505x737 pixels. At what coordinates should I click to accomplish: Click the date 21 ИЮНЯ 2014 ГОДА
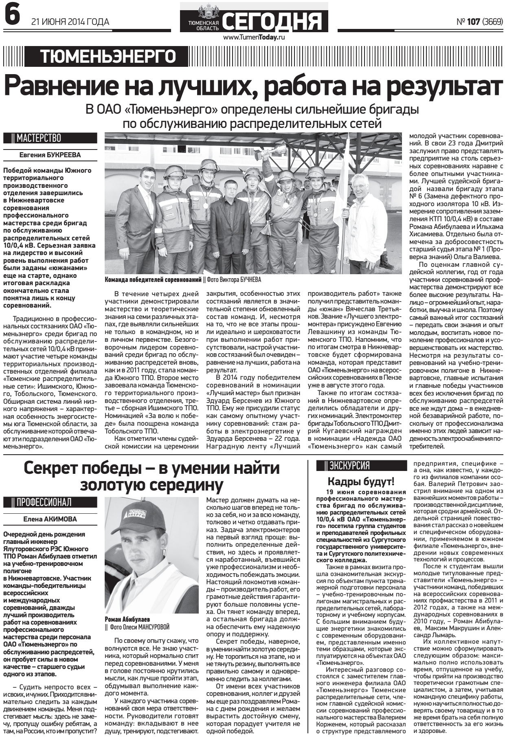coord(70,22)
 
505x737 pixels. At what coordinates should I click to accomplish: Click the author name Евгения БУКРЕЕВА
coord(50,155)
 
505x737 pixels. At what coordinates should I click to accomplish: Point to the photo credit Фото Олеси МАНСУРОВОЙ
coord(139,627)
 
